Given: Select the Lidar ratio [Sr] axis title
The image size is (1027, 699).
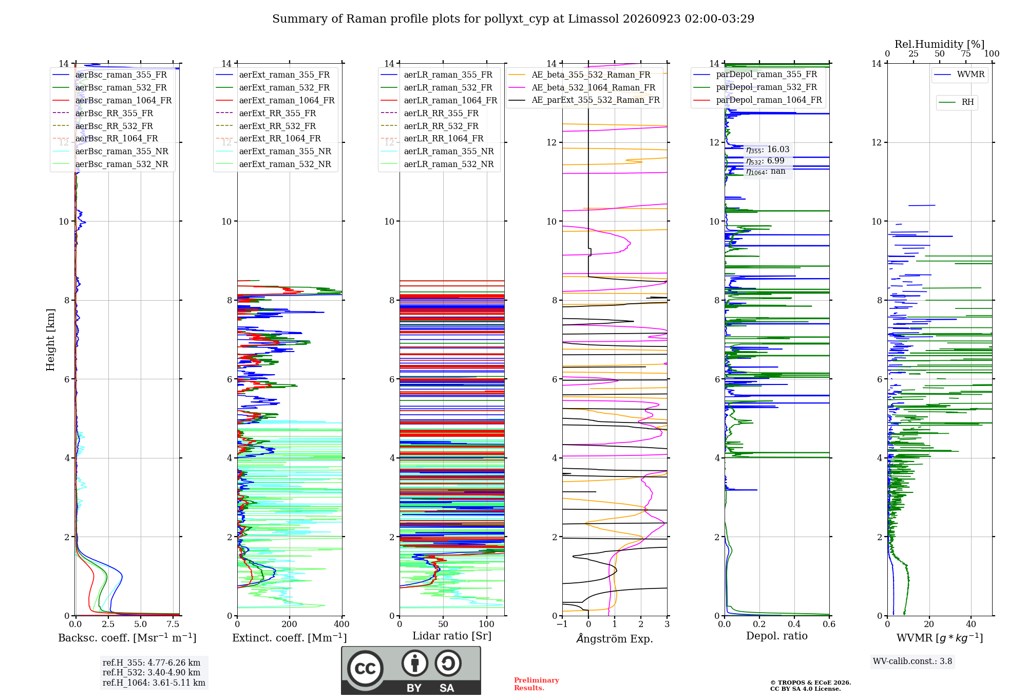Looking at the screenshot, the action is click(452, 636).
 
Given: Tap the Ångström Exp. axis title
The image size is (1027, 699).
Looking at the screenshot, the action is click(615, 638).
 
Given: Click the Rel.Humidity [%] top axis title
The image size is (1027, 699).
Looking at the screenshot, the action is click(939, 44).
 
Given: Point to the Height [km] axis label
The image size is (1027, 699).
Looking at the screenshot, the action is click(50, 340).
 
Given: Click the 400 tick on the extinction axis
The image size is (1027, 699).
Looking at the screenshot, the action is click(341, 624).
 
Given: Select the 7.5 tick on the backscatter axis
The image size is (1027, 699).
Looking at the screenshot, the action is click(173, 624).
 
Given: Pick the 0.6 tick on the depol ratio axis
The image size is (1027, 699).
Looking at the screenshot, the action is click(829, 624).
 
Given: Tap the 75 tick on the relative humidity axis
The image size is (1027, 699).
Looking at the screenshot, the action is click(966, 53).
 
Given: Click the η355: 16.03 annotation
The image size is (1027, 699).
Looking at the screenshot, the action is click(768, 150).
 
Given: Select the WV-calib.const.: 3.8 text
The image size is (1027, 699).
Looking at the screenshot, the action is click(912, 661).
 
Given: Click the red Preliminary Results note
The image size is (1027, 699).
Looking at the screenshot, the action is click(536, 684).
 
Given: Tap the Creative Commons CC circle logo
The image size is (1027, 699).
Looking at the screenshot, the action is click(365, 668).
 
